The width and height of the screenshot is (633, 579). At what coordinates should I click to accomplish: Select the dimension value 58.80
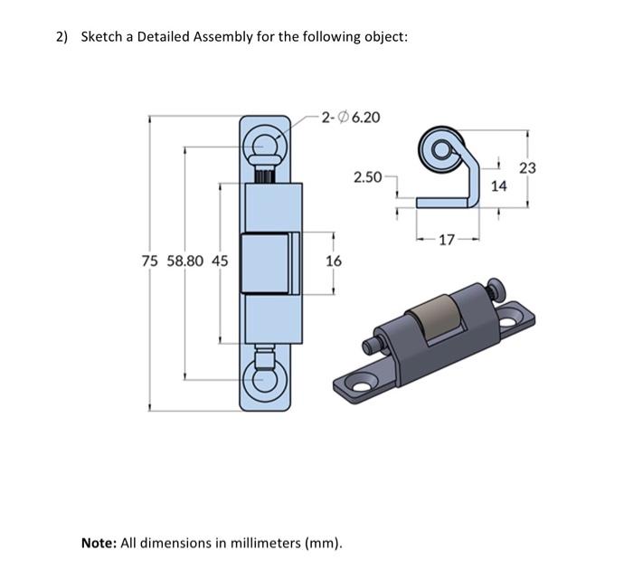pyautogui.click(x=184, y=261)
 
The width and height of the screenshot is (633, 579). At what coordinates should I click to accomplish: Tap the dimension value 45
pyautogui.click(x=219, y=261)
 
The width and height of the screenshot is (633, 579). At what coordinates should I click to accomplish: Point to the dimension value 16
pyautogui.click(x=333, y=261)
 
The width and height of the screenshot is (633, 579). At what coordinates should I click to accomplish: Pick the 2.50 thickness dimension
pyautogui.click(x=367, y=176)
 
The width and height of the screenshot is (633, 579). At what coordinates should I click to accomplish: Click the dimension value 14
pyautogui.click(x=499, y=185)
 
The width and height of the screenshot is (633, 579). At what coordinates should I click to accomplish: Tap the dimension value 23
pyautogui.click(x=528, y=167)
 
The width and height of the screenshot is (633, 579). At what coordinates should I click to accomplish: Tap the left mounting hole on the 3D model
pyautogui.click(x=362, y=386)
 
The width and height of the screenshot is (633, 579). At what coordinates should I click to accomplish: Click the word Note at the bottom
pyautogui.click(x=99, y=543)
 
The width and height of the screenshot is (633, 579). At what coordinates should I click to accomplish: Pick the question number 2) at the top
pyautogui.click(x=61, y=37)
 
